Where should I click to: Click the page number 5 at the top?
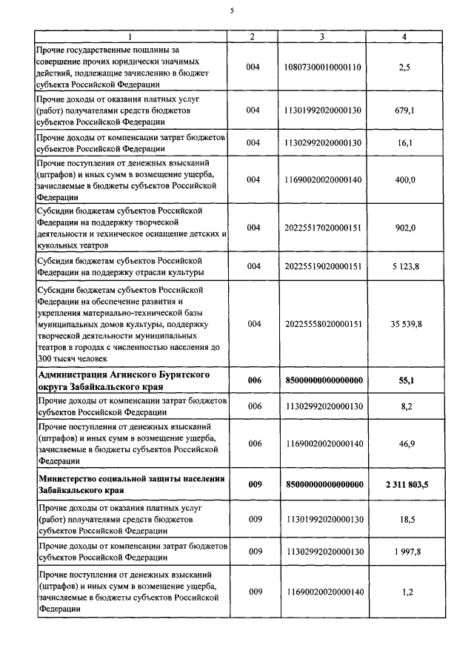(x=232, y=10)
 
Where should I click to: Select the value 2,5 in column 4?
(x=404, y=67)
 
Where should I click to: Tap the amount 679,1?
(x=404, y=110)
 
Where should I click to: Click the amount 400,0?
(x=404, y=179)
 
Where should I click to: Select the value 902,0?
(x=404, y=228)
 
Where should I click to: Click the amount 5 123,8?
(x=404, y=266)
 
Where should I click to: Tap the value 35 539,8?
(x=404, y=324)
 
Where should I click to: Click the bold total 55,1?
(x=404, y=380)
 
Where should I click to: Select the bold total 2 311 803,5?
(x=404, y=485)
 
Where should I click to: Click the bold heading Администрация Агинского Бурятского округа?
(x=123, y=380)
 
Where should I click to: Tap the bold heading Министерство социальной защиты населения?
(x=130, y=485)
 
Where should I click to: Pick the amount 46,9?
(x=404, y=443)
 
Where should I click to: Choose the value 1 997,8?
(x=404, y=551)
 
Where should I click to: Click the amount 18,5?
(x=404, y=520)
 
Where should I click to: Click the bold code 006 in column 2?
(x=253, y=380)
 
